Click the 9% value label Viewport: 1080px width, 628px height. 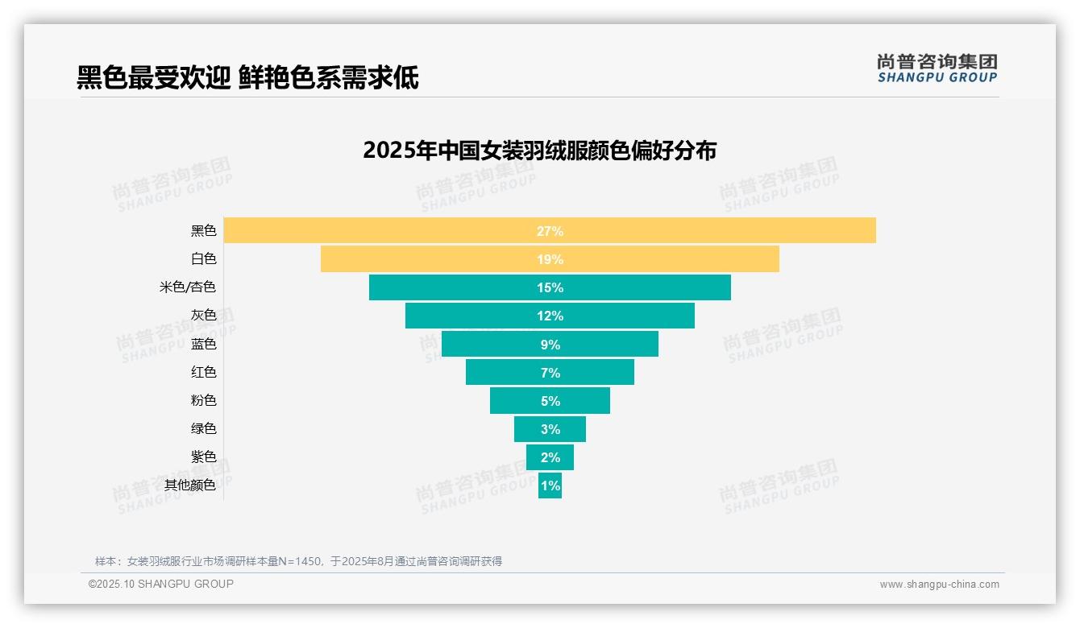tap(550, 345)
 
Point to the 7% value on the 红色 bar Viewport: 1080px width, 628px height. tap(550, 373)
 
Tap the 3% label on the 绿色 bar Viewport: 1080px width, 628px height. tap(550, 429)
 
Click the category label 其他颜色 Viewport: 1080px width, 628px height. tap(190, 485)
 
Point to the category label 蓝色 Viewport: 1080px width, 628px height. tap(203, 345)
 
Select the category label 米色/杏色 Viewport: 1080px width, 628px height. tap(188, 287)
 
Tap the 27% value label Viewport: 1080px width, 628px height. tap(550, 231)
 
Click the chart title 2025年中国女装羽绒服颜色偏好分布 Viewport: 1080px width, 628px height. tap(539, 151)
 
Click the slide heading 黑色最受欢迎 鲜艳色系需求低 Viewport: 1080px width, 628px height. tap(247, 78)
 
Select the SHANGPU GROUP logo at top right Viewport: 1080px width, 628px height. tap(937, 68)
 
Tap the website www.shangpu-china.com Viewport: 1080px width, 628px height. tap(939, 585)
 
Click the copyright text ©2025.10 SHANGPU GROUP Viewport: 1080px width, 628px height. tap(161, 585)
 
